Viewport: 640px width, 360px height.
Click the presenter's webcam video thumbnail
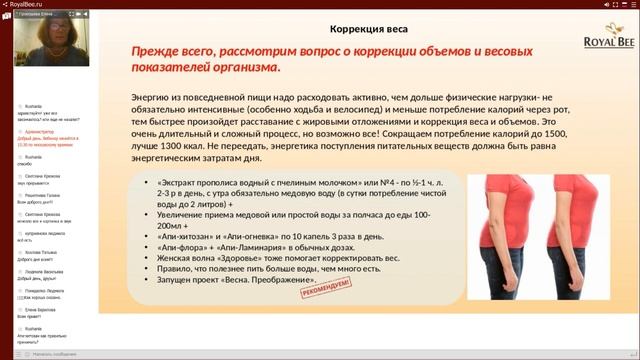(47, 53)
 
